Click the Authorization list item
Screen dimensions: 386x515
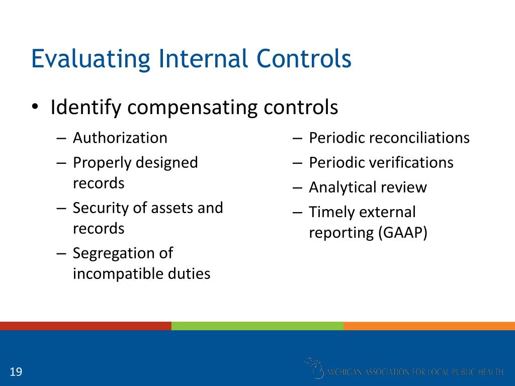(x=120, y=138)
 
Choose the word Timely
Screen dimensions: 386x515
(x=331, y=213)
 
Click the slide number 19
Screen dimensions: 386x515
(x=16, y=372)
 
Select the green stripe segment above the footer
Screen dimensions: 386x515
(x=257, y=326)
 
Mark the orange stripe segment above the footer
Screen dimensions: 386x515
(x=429, y=326)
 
